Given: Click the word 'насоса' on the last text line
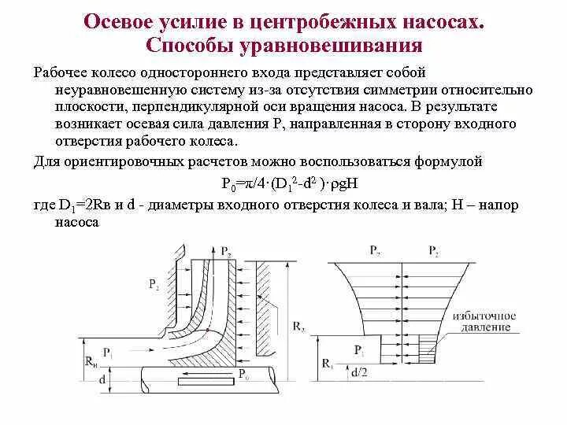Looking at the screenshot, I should click(78, 223).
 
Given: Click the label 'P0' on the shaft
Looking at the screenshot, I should click(244, 372).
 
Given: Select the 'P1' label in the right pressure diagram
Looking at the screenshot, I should click(359, 348).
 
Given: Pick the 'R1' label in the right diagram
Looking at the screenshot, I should click(326, 364).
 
